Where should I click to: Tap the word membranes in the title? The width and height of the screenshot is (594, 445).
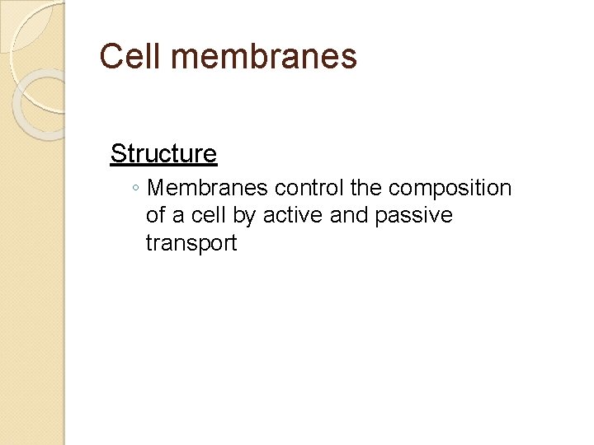263,57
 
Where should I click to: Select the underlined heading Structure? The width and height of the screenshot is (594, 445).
163,153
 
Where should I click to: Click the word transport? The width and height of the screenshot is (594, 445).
191,244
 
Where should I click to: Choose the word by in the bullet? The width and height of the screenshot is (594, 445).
246,217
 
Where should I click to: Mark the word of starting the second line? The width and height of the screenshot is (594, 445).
155,216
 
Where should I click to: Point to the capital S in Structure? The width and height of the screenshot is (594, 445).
117,153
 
